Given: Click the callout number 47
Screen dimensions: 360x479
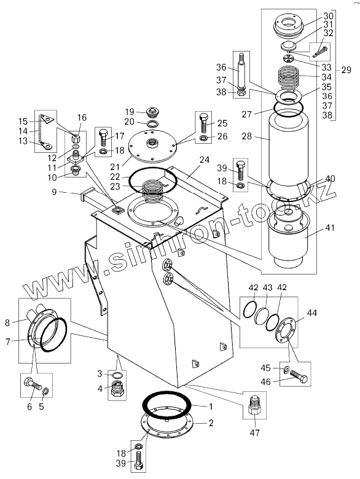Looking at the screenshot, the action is [255, 432].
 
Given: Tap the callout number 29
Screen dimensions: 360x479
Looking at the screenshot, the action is [346, 70].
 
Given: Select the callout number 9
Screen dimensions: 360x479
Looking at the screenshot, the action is [55, 193].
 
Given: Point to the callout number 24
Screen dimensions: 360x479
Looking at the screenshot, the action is [205, 160].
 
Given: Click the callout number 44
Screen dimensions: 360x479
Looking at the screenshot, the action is [312, 313].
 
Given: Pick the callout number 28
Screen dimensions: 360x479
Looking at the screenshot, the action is [246, 136].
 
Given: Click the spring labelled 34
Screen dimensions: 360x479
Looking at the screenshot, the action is [289, 77].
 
